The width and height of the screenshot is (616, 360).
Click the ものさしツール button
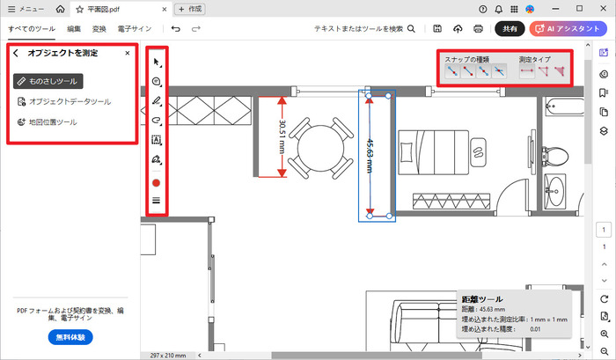[49, 81]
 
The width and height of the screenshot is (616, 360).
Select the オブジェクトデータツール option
[64, 101]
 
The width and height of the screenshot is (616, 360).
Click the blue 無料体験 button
[70, 337]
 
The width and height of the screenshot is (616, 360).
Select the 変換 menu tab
[99, 29]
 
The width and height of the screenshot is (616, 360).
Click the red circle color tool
[157, 182]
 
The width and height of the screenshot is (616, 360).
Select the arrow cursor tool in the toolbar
[157, 62]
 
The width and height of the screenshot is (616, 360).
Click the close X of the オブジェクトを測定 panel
[128, 54]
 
